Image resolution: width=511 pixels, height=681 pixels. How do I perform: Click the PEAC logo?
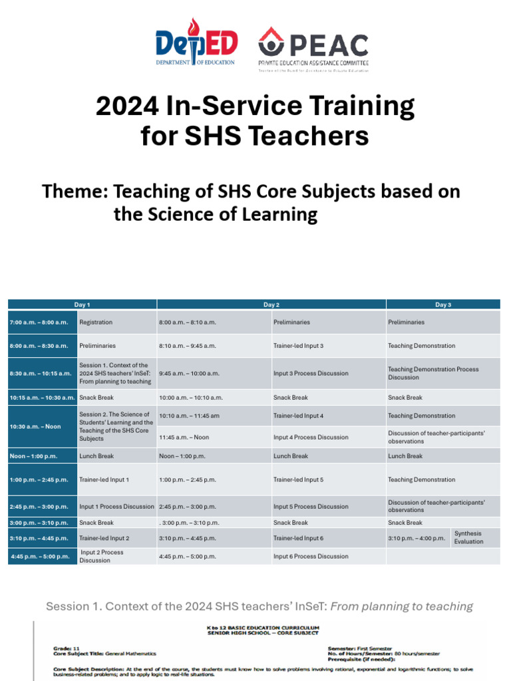tap(313, 49)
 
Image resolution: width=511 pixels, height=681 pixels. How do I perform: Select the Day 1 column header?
tap(82, 305)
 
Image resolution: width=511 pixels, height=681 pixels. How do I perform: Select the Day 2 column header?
tap(271, 305)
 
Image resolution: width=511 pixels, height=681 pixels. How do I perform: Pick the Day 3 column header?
tap(443, 305)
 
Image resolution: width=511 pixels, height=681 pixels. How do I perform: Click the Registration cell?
tap(96, 323)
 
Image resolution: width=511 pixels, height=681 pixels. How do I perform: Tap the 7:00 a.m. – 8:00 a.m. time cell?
tap(39, 323)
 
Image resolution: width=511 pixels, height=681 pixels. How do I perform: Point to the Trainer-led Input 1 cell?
tap(104, 479)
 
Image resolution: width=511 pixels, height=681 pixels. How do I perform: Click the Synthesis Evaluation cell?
tap(468, 537)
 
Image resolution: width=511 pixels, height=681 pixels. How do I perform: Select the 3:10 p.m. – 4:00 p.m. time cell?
tap(417, 538)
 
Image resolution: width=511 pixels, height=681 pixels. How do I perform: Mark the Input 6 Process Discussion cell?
tap(311, 557)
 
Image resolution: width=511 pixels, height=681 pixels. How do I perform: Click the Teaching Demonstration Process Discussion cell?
tap(433, 373)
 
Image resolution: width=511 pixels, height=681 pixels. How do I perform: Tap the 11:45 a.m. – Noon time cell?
tap(184, 438)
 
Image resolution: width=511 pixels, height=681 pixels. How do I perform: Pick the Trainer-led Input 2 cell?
tap(104, 538)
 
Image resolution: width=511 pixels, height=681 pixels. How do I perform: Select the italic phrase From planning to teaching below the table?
tap(402, 607)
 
